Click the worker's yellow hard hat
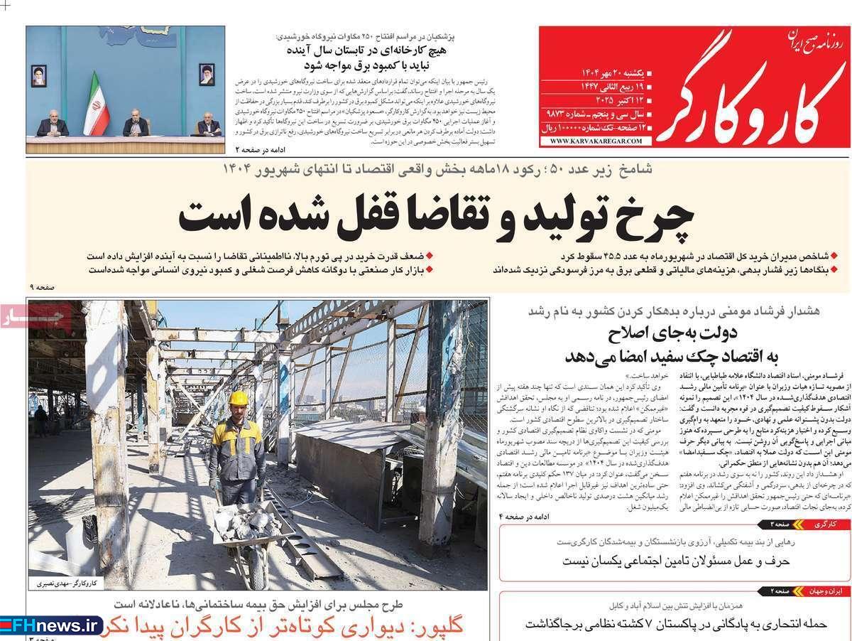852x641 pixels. coord(239,399)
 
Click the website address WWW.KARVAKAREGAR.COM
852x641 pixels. coord(595,141)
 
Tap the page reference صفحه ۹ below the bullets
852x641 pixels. coord(41,286)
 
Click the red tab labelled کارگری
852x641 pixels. coord(827,524)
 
